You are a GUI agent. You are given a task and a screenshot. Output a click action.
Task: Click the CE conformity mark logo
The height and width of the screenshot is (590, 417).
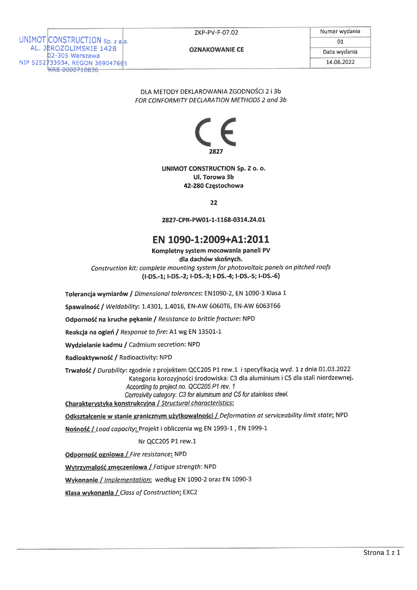(x=215, y=132)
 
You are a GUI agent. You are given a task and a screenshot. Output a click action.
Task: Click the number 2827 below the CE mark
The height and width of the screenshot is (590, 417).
(x=216, y=151)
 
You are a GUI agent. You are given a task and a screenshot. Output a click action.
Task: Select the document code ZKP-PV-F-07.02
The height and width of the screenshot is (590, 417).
(x=216, y=33)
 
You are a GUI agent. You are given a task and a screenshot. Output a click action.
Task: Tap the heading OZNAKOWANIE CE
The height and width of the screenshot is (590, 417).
(x=216, y=50)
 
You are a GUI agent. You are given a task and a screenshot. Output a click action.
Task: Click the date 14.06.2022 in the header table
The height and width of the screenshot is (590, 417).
(x=340, y=62)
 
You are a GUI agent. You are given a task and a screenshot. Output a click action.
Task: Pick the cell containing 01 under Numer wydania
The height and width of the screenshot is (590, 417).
(x=340, y=42)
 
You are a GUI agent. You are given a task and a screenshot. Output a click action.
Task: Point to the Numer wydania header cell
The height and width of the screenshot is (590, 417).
(x=340, y=31)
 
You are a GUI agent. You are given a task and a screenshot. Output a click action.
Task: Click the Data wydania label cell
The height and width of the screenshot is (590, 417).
(x=340, y=52)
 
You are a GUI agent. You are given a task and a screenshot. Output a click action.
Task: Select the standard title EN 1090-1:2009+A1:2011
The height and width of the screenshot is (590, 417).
(x=211, y=239)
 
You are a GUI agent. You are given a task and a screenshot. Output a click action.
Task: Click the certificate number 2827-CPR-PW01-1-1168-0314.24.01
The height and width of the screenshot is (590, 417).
(x=213, y=220)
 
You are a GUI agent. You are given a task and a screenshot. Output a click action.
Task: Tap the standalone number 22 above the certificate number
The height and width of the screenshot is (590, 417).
(x=213, y=203)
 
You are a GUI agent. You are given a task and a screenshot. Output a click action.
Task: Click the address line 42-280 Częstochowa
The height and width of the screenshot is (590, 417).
(x=213, y=185)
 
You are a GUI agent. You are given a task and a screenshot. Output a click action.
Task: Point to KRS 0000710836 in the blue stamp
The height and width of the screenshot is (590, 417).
(x=73, y=70)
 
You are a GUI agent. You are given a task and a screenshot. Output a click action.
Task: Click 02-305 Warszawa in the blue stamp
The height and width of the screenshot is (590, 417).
(x=73, y=56)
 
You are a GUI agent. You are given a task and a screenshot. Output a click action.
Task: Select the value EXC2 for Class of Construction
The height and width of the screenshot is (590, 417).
(x=190, y=492)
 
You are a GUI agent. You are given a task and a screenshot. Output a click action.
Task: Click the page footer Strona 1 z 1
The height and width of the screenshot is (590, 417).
(x=381, y=552)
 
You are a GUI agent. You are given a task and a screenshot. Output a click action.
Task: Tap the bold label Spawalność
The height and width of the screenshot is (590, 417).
(x=82, y=307)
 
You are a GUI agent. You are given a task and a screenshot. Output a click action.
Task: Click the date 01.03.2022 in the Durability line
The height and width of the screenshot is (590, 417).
(x=334, y=369)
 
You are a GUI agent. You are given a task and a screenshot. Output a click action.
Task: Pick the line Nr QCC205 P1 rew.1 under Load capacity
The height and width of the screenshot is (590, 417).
(x=167, y=441)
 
